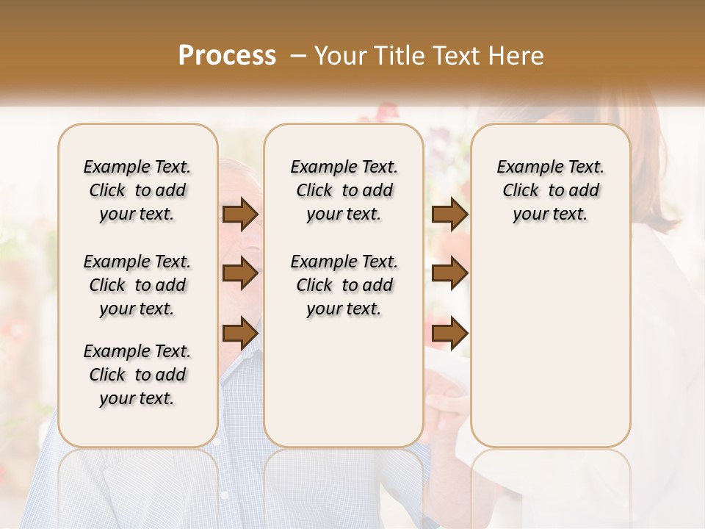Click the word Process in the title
(x=227, y=56)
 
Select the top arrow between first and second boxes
(x=240, y=214)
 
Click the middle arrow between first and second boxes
(x=240, y=273)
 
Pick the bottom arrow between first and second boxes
(x=240, y=333)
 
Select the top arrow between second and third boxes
(x=449, y=214)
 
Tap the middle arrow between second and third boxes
(x=449, y=273)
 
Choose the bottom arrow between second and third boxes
(x=449, y=333)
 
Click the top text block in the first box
(x=137, y=190)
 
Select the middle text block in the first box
(x=137, y=285)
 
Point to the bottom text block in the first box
(x=137, y=375)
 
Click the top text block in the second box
(x=344, y=190)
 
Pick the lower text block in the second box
(x=344, y=285)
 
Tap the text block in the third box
(x=550, y=190)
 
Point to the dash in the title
(x=298, y=56)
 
